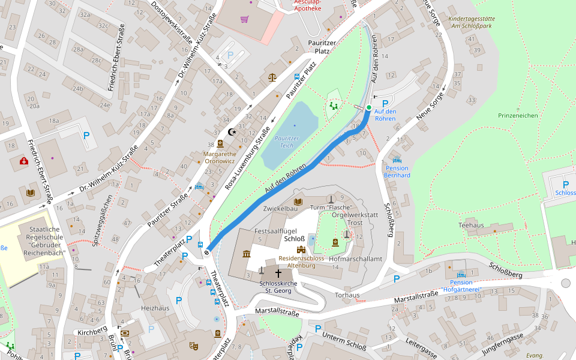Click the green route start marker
(x=368, y=107)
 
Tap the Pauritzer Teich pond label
(x=286, y=142)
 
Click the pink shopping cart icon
(x=244, y=19)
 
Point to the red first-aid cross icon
(x=23, y=161)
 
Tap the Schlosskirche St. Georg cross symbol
(x=278, y=272)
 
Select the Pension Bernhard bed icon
(x=397, y=160)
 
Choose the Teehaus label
(x=470, y=225)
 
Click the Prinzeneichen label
(x=517, y=115)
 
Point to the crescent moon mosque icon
(x=232, y=132)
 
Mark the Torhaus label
(x=347, y=295)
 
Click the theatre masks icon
(x=193, y=346)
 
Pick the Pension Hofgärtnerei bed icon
(x=461, y=274)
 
